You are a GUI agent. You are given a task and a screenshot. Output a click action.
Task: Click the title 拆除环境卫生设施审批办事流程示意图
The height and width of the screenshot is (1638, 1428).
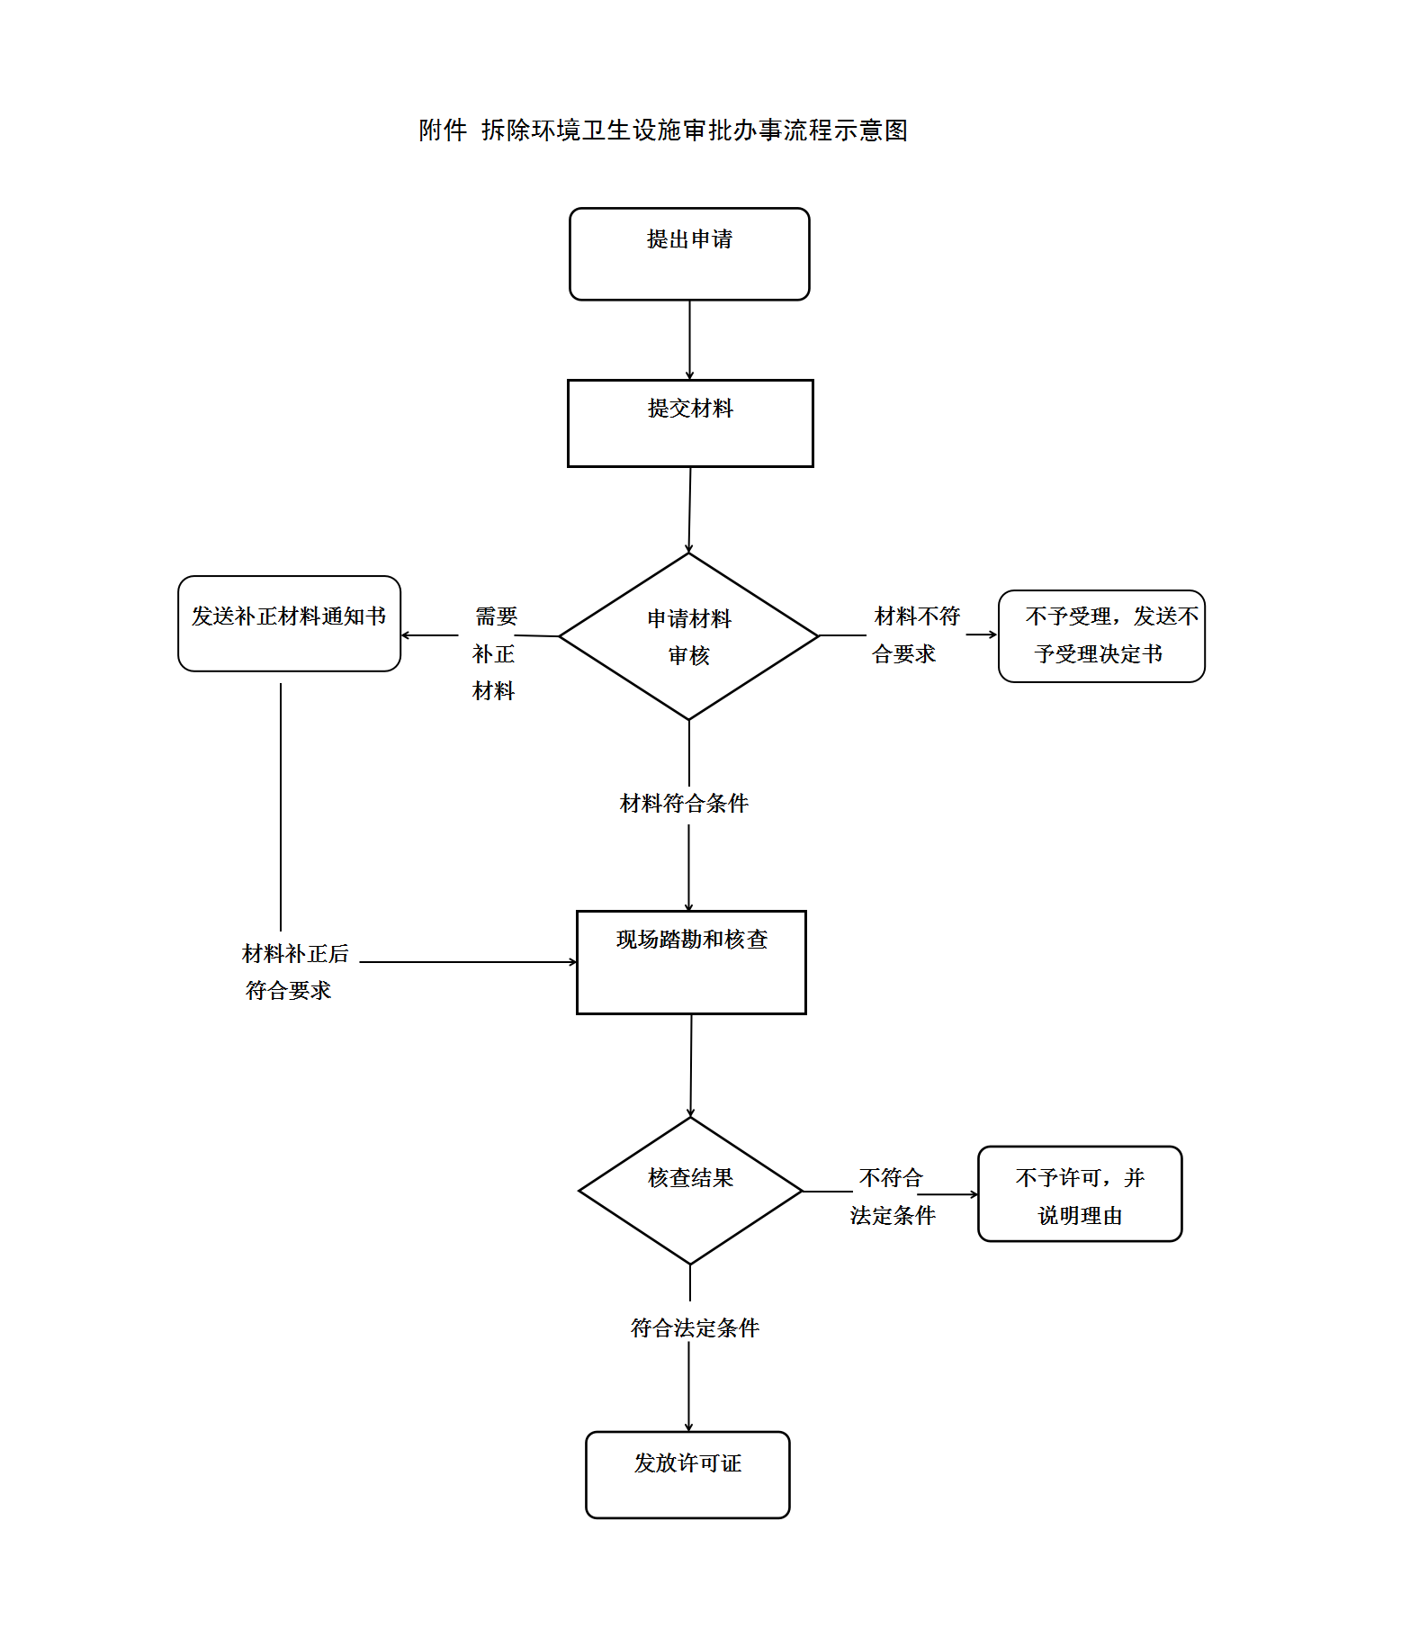(694, 130)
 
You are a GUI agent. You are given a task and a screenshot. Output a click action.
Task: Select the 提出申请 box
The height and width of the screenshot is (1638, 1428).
(689, 254)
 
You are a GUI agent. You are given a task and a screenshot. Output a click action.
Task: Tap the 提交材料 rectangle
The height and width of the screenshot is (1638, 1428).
(690, 423)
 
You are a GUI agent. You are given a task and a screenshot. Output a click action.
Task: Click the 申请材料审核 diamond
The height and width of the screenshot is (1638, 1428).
(689, 636)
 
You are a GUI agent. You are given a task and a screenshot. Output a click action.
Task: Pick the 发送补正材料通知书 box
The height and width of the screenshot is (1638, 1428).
(289, 624)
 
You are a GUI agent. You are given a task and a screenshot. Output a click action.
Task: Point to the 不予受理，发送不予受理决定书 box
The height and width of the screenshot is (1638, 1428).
(1101, 636)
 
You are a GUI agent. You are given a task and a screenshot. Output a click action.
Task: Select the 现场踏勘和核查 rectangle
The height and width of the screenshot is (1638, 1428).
(691, 962)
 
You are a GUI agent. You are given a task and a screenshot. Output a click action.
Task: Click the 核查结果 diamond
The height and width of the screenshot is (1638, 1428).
(690, 1191)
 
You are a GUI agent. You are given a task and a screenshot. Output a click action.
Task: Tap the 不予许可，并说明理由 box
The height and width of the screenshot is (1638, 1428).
(1080, 1194)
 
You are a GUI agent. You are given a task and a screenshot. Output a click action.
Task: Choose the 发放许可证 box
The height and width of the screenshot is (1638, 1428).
(687, 1474)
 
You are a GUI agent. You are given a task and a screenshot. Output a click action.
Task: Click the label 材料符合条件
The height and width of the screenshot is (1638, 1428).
(684, 803)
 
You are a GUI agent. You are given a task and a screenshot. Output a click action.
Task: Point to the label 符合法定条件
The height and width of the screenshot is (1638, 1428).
(695, 1327)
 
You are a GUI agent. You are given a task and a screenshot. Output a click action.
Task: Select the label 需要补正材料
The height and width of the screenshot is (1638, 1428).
(494, 653)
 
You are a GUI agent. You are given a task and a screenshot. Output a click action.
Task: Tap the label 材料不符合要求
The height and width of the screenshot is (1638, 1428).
(915, 634)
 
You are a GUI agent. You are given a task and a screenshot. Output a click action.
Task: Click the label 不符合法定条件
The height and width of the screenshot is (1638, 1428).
(892, 1196)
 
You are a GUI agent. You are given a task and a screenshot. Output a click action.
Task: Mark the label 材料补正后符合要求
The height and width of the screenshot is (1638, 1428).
(293, 972)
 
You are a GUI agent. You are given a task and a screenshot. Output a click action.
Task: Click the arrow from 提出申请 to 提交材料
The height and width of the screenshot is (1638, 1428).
(690, 340)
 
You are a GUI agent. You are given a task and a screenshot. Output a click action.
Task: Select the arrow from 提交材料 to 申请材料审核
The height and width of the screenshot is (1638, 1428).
(690, 509)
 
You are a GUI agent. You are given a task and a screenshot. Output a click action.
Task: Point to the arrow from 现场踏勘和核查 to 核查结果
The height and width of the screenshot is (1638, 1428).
(691, 1066)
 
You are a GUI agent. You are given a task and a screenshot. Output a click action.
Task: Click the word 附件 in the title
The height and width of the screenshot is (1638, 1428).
(443, 130)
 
